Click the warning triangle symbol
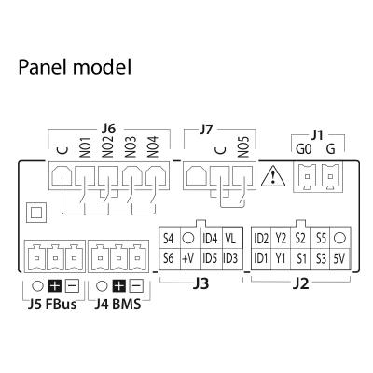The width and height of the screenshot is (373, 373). click(x=273, y=176)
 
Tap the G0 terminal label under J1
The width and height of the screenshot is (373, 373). click(x=303, y=149)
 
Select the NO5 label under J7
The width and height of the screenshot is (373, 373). click(x=243, y=147)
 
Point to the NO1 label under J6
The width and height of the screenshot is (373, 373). click(x=85, y=147)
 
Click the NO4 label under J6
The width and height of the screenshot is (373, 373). click(x=153, y=147)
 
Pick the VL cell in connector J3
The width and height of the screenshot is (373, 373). click(x=230, y=239)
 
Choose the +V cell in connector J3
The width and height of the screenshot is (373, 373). click(x=187, y=259)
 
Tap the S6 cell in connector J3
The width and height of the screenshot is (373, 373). click(x=169, y=258)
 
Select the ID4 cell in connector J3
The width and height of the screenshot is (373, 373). click(x=210, y=239)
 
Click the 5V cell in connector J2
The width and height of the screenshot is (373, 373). click(x=339, y=258)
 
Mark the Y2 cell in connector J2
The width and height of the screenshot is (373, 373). click(x=281, y=239)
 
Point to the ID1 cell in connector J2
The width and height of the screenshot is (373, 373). click(x=261, y=258)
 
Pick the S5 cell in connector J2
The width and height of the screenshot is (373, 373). click(x=321, y=239)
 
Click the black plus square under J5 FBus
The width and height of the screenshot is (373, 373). click(x=55, y=286)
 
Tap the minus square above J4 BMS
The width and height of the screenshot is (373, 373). click(x=136, y=285)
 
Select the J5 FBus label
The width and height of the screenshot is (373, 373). click(x=52, y=304)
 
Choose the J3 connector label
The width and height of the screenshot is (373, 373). click(x=200, y=283)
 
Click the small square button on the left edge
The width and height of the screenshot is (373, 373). click(x=36, y=213)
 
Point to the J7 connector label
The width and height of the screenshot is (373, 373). click(x=206, y=131)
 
